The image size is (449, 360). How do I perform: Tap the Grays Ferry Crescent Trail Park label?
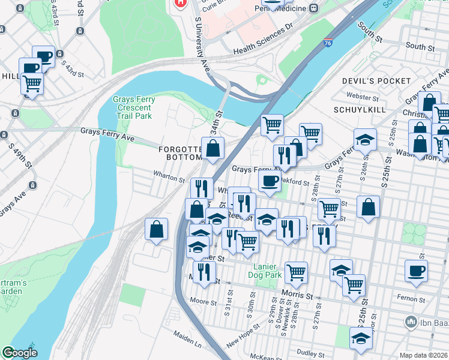(x=133, y=107)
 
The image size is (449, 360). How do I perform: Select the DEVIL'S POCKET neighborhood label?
(x=376, y=80)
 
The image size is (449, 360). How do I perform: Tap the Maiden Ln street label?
(x=188, y=345)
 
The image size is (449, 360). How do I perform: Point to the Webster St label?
(x=361, y=96)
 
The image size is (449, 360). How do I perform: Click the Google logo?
(x=20, y=353)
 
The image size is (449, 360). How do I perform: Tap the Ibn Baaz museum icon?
(x=411, y=322)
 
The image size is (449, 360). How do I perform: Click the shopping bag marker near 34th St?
(x=213, y=148)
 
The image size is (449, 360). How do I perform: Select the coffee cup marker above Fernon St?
(x=416, y=271)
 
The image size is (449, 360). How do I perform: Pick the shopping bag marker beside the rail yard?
(x=156, y=229)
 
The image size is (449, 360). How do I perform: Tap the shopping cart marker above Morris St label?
(x=297, y=272)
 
